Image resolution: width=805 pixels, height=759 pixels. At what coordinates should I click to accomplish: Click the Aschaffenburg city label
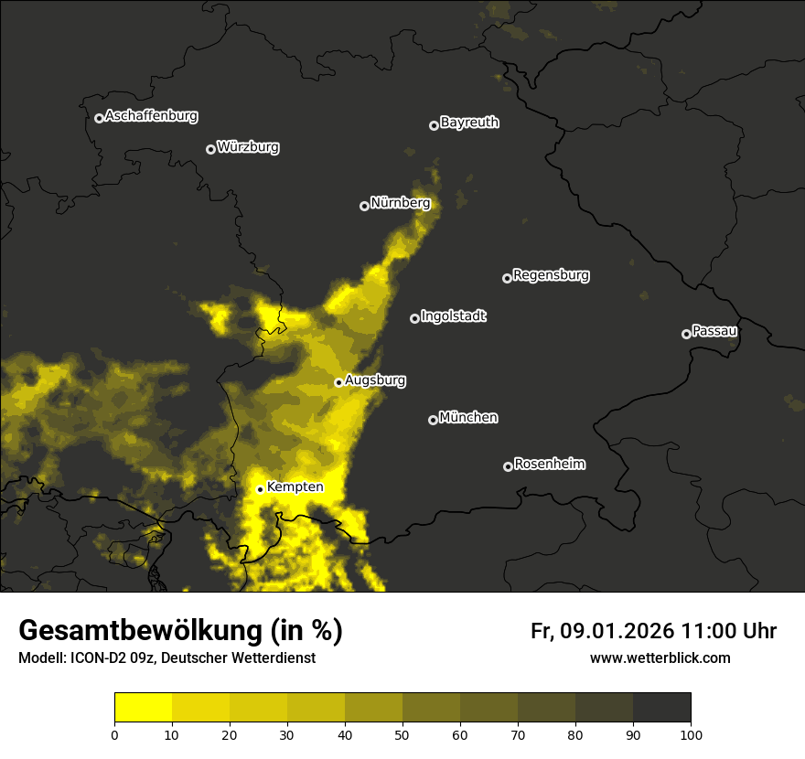(151, 116)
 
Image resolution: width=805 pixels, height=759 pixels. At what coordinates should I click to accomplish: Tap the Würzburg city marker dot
(210, 149)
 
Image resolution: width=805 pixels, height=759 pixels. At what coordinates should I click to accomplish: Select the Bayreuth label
(469, 123)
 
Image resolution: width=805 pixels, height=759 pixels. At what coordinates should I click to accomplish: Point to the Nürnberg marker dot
(364, 206)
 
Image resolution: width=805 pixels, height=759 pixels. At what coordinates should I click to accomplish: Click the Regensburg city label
(551, 275)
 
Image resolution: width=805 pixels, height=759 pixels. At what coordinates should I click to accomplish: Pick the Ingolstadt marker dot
(414, 318)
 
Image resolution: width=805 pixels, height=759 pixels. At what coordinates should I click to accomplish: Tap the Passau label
(714, 331)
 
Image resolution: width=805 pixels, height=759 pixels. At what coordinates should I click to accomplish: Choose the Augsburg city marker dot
(338, 382)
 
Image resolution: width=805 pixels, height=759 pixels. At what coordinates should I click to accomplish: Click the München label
(468, 418)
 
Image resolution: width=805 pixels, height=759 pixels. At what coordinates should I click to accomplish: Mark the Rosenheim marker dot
(508, 466)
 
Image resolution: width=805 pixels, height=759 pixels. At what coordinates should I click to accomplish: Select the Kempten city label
(295, 487)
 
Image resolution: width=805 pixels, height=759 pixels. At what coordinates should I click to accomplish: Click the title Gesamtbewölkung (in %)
(180, 631)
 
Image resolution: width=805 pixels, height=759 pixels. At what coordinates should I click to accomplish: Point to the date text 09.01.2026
(617, 631)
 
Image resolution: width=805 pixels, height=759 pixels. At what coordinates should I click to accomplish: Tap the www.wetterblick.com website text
(660, 658)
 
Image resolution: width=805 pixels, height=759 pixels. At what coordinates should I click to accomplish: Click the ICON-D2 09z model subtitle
(166, 658)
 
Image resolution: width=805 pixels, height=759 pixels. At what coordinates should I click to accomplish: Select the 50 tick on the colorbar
(402, 734)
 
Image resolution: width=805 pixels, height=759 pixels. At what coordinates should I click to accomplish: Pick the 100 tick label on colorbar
(691, 734)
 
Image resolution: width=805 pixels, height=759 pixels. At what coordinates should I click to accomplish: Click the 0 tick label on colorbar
(114, 734)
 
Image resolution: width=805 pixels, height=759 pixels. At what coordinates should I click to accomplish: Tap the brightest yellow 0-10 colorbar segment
(143, 708)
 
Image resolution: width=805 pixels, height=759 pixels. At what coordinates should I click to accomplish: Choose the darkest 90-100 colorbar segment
(661, 708)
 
